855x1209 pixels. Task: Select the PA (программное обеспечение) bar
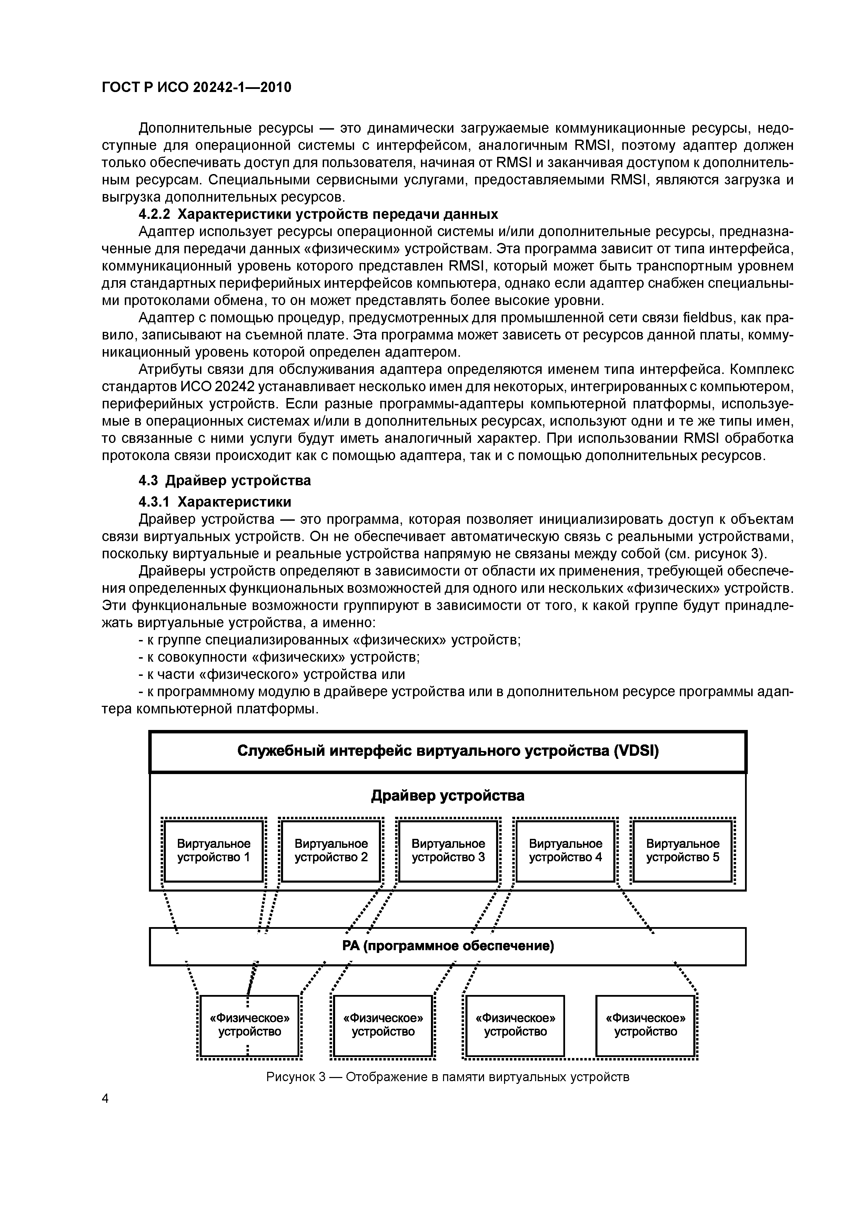(x=448, y=946)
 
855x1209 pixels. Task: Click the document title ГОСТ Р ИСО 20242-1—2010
(x=196, y=87)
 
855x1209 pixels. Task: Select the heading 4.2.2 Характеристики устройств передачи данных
(x=318, y=214)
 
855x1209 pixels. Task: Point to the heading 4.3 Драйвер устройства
(x=225, y=480)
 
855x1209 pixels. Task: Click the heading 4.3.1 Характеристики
(x=215, y=501)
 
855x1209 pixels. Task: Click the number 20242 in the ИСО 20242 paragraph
(x=231, y=386)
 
